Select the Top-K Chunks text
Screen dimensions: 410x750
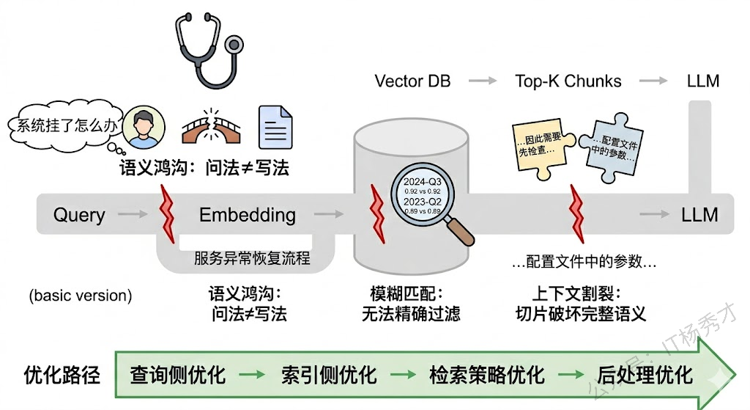[568, 81]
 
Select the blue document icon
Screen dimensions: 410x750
[275, 128]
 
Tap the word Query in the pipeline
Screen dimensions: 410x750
[79, 215]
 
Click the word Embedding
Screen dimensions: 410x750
[248, 215]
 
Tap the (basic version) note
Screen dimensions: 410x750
[81, 296]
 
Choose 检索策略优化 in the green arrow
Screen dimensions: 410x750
[487, 376]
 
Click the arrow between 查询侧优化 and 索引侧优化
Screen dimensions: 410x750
[253, 376]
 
